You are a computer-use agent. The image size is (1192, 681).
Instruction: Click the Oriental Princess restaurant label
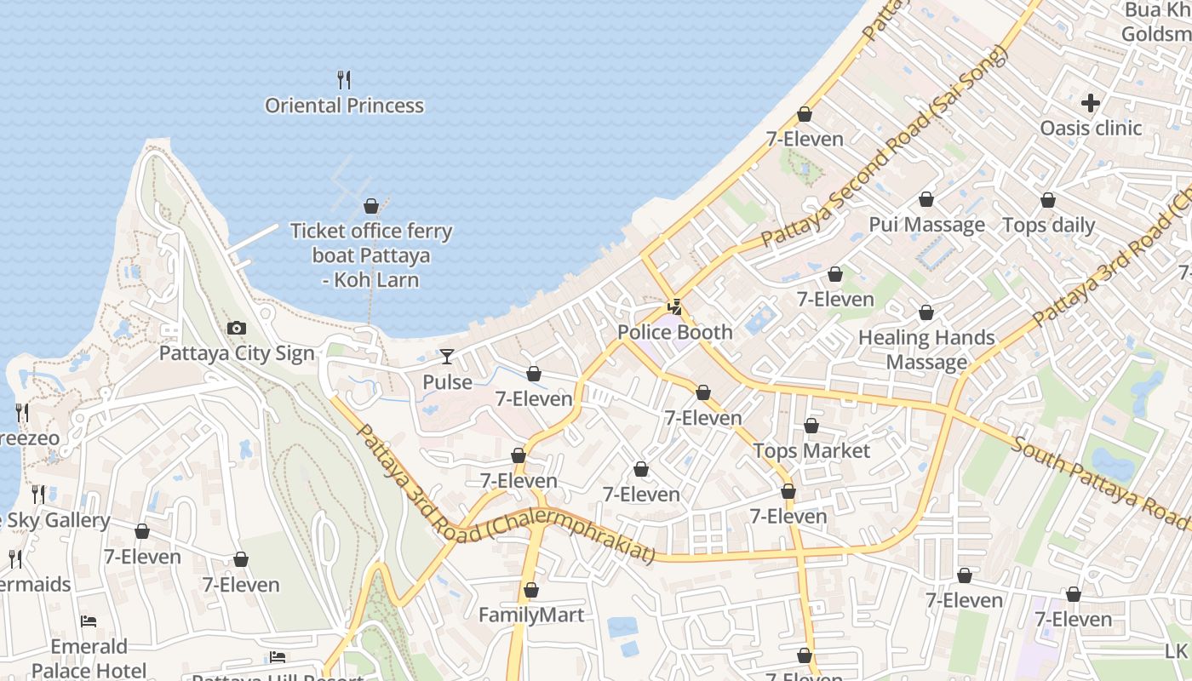pos(344,106)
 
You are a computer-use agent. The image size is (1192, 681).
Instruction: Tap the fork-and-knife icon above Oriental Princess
pos(344,80)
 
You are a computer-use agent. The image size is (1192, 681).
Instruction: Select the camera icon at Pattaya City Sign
pos(237,328)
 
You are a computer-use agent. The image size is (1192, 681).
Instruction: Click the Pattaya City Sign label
pos(237,353)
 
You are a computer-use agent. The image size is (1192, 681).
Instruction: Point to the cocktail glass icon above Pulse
pos(447,357)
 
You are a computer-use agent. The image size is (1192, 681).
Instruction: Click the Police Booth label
pos(674,332)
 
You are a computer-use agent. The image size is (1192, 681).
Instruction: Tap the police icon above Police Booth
pos(674,306)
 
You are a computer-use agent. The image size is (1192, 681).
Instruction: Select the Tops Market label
pos(811,450)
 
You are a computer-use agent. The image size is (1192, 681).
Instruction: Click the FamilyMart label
pos(531,615)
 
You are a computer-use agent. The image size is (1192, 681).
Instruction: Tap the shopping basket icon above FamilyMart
pos(531,590)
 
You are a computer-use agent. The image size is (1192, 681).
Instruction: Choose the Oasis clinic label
pos(1091,128)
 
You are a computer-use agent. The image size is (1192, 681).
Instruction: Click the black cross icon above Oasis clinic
pos(1091,103)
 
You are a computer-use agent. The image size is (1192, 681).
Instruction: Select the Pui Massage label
pos(926,225)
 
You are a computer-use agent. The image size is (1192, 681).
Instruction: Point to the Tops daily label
pos(1048,225)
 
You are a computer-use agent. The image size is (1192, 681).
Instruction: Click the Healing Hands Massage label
pos(926,350)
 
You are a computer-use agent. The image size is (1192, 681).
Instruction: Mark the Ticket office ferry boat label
pos(371,255)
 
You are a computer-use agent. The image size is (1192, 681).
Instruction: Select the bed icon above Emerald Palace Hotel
pos(89,621)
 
